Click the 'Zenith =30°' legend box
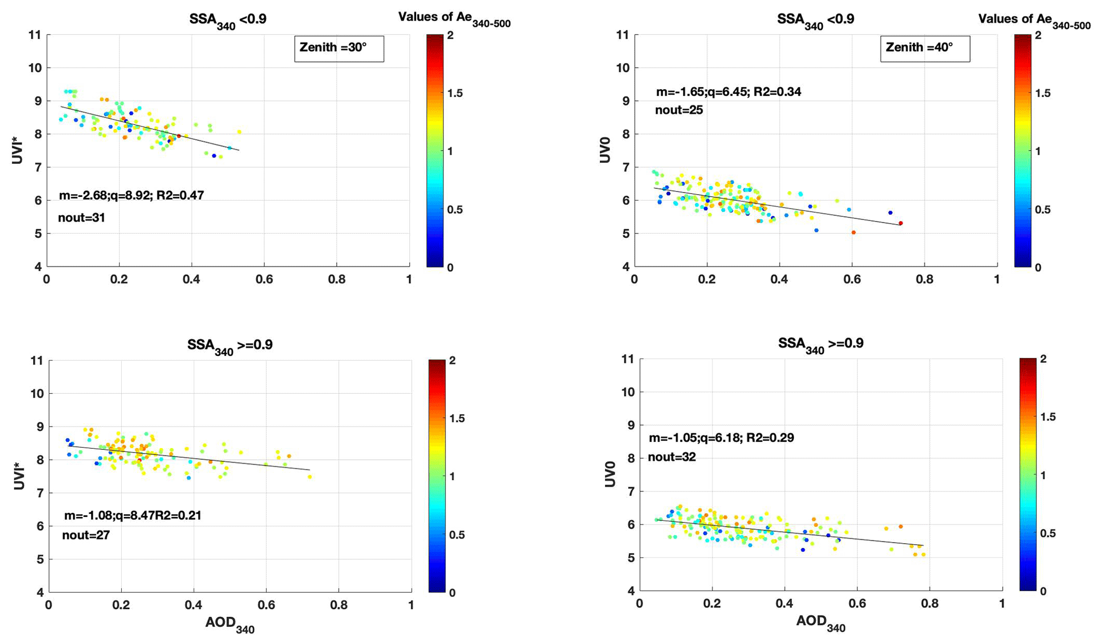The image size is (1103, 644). click(339, 48)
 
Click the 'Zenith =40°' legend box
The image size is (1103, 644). click(925, 48)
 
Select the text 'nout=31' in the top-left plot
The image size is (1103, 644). click(82, 218)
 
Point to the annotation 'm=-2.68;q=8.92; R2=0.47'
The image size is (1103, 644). click(131, 195)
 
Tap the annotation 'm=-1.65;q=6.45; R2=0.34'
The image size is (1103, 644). click(728, 92)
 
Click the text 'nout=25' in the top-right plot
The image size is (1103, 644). click(679, 110)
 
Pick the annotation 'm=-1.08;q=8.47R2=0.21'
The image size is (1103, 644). click(132, 516)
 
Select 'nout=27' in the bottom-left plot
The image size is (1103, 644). click(86, 535)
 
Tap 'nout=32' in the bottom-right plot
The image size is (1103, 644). click(672, 457)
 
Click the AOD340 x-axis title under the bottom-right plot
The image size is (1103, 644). click(821, 623)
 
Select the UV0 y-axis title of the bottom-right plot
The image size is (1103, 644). click(609, 474)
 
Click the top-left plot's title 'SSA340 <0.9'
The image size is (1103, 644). click(228, 20)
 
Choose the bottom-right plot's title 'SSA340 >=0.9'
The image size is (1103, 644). click(820, 345)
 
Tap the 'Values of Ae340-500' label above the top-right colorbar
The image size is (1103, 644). click(1034, 20)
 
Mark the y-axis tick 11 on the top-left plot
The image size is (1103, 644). click(35, 35)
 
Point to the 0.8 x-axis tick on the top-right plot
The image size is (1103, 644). click(924, 279)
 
